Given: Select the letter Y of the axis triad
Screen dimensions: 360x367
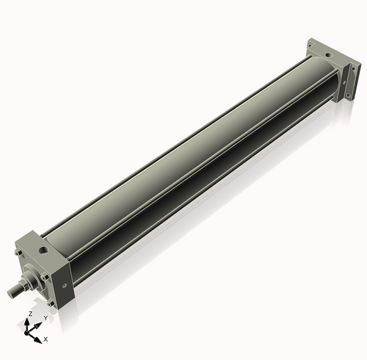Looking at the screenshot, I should (x=46, y=317).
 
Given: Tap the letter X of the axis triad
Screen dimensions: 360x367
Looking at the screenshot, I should (x=46, y=339).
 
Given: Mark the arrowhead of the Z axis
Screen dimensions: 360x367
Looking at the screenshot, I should (x=29, y=320).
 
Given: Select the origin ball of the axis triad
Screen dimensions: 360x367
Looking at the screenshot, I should (x=31, y=332).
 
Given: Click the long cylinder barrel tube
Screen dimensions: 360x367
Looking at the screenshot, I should (x=183, y=162).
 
